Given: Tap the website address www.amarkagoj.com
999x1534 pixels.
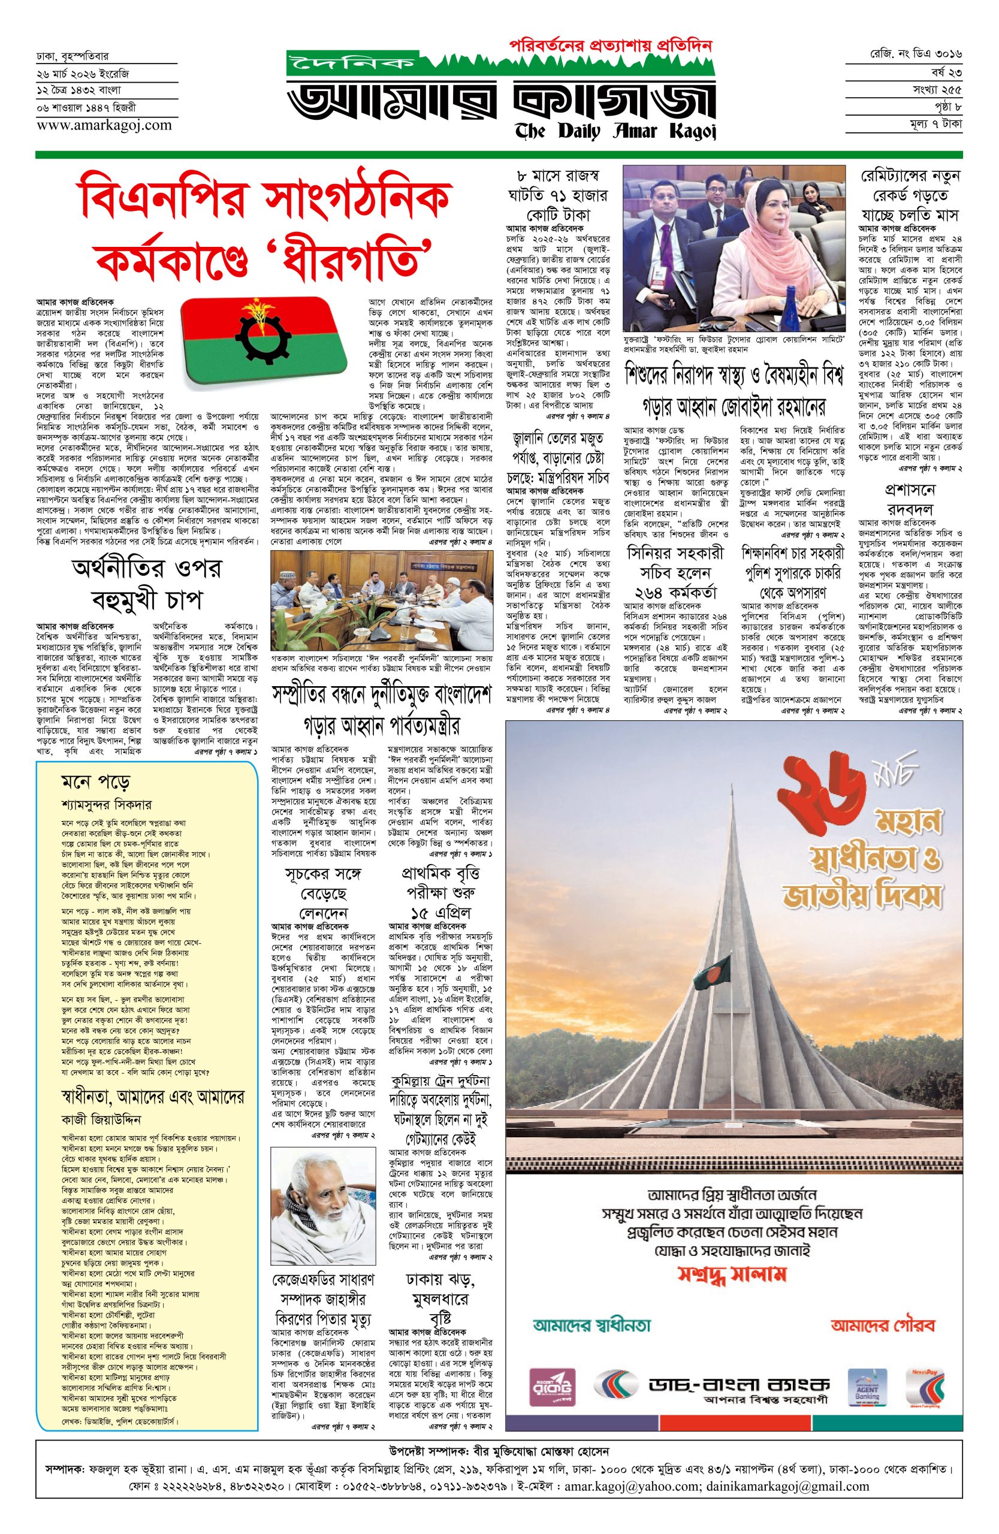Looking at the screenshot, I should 104,125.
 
